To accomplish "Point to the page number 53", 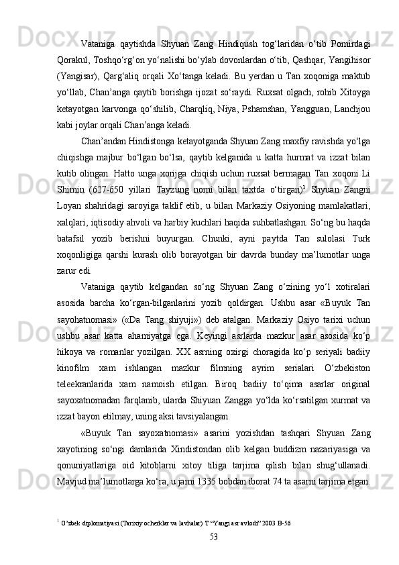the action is (x=213, y=555).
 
